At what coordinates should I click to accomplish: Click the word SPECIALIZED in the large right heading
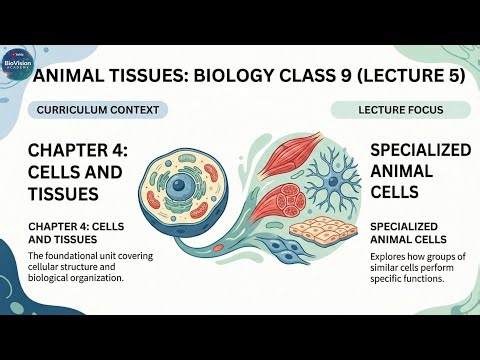coord(419,149)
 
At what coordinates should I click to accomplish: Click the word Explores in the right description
coord(389,257)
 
